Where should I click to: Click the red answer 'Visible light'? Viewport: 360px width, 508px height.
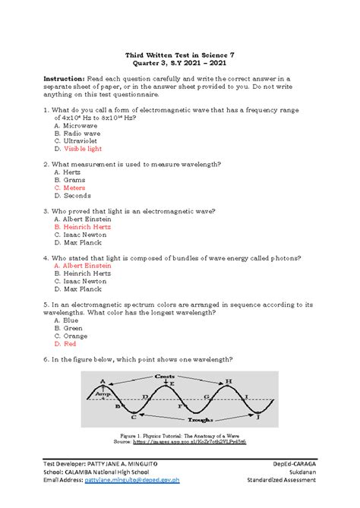[85, 150]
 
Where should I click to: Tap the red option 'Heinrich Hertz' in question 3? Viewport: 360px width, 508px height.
[86, 226]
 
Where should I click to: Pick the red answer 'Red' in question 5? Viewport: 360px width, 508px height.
[71, 343]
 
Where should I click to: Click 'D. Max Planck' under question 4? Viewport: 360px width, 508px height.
[77, 289]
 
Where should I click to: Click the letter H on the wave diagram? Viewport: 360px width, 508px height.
[229, 381]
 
